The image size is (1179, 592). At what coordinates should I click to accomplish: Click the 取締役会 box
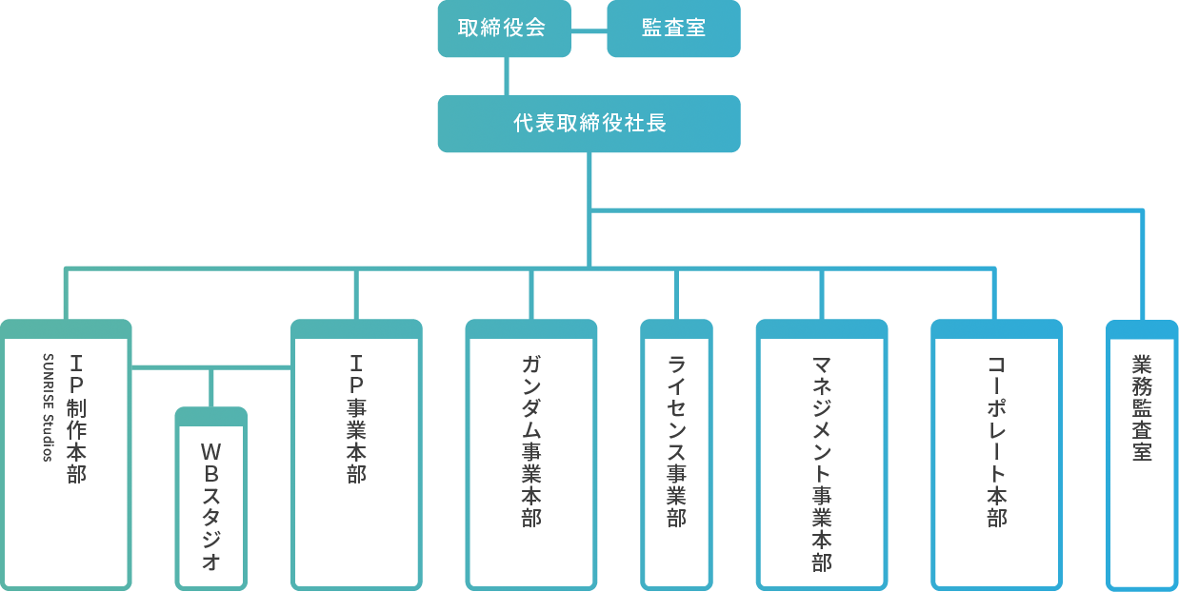pyautogui.click(x=502, y=29)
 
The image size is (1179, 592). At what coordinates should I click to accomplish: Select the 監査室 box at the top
pyautogui.click(x=673, y=29)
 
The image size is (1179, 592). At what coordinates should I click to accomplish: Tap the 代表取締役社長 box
pyautogui.click(x=589, y=124)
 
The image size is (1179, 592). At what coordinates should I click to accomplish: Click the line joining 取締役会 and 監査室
pyautogui.click(x=588, y=30)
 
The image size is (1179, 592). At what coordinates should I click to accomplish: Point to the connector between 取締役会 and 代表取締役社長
pyautogui.click(x=507, y=76)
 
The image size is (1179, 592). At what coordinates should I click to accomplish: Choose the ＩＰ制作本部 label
pyautogui.click(x=76, y=419)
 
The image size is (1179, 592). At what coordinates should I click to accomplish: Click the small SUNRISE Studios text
pyautogui.click(x=49, y=407)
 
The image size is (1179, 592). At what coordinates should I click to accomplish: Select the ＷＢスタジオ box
pyautogui.click(x=211, y=503)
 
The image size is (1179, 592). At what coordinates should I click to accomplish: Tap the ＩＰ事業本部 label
pyautogui.click(x=356, y=419)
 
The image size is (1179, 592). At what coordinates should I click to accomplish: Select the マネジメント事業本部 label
pyautogui.click(x=822, y=463)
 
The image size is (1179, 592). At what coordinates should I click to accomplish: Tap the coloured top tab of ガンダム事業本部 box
pyautogui.click(x=531, y=328)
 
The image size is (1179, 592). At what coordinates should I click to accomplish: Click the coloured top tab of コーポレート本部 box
pyautogui.click(x=996, y=328)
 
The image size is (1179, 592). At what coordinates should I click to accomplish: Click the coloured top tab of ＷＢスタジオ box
pyautogui.click(x=211, y=416)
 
